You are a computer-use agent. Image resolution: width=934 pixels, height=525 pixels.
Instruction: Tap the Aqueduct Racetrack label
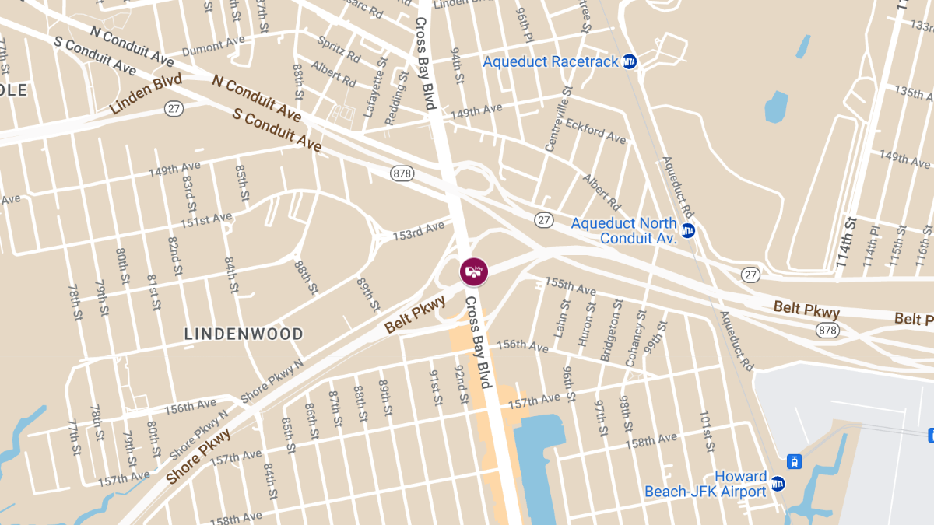550,61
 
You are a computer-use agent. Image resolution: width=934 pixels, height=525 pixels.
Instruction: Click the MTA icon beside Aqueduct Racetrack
630,61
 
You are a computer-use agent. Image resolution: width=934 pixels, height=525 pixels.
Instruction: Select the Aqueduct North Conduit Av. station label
623,231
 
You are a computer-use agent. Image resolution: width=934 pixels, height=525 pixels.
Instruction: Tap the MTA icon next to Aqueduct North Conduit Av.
688,230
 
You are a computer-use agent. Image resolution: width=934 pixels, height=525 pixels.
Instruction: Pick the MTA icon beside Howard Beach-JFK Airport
778,485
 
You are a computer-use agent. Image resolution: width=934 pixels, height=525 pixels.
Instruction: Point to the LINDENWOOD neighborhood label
244,334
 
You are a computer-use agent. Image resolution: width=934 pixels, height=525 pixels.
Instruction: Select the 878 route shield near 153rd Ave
402,173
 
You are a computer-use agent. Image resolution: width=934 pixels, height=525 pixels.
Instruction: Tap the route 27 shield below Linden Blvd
174,109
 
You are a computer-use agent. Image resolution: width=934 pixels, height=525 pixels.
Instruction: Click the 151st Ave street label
205,222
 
